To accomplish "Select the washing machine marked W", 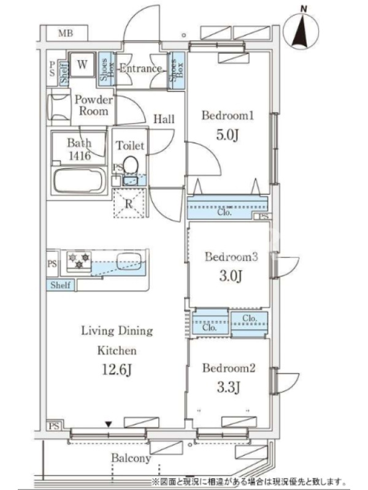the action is pyautogui.click(x=82, y=65).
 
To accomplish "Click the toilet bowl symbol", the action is pyautogui.click(x=131, y=165).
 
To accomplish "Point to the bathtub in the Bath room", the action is pyautogui.click(x=80, y=181).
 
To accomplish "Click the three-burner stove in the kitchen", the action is pyautogui.click(x=79, y=262).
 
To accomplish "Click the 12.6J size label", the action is pyautogui.click(x=117, y=370).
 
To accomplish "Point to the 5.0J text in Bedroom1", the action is pyautogui.click(x=227, y=135).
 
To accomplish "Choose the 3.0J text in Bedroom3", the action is pyautogui.click(x=231, y=276).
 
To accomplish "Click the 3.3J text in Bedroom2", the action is pyautogui.click(x=228, y=388).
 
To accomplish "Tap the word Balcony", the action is pyautogui.click(x=131, y=458).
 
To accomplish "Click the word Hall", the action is pyautogui.click(x=164, y=119).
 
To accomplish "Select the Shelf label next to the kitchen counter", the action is pyautogui.click(x=60, y=285).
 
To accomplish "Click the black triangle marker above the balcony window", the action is pyautogui.click(x=109, y=424).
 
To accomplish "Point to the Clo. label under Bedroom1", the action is pyautogui.click(x=224, y=213).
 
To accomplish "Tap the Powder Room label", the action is pyautogui.click(x=93, y=105).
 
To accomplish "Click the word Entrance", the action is pyautogui.click(x=141, y=69).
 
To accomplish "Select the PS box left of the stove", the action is pyautogui.click(x=52, y=264).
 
